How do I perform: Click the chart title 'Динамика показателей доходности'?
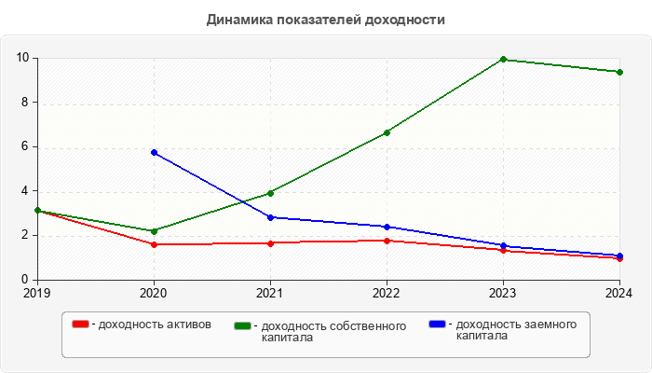pos(326,19)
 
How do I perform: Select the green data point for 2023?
pos(503,60)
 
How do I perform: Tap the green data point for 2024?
pos(619,72)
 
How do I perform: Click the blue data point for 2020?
pos(154,152)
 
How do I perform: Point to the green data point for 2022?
pos(387,132)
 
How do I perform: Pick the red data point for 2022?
pos(387,241)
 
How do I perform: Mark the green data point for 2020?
pos(154,231)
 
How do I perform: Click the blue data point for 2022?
pos(387,227)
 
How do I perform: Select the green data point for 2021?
pos(270,193)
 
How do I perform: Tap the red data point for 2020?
pos(154,244)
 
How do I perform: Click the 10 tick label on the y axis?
pos(21,58)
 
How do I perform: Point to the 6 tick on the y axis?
pos(24,146)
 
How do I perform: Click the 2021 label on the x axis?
pos(270,293)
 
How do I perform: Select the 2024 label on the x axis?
pos(618,293)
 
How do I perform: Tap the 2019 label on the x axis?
pos(37,293)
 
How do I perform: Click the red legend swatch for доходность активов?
pos(81,325)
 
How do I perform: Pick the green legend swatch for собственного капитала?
pos(244,325)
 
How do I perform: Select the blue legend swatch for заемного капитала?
pos(437,324)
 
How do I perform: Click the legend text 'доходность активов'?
pos(155,325)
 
